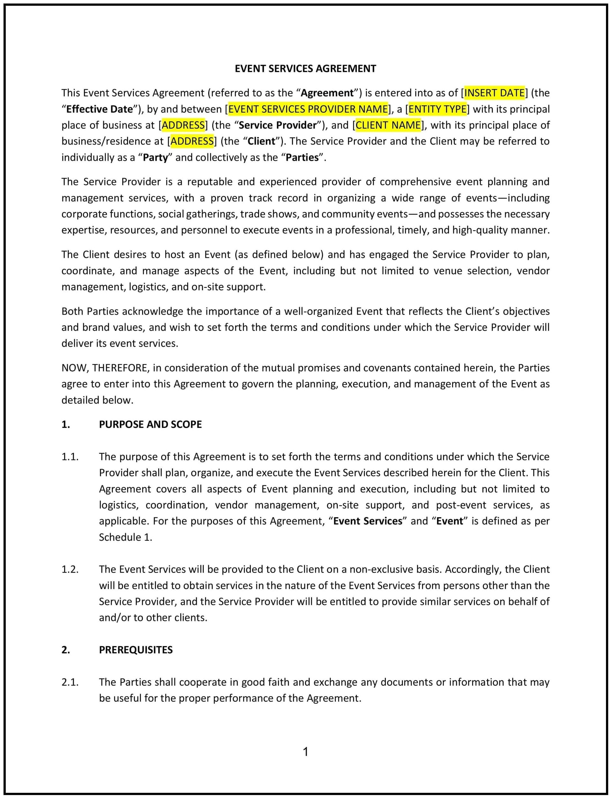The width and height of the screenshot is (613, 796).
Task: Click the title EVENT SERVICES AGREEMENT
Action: [305, 69]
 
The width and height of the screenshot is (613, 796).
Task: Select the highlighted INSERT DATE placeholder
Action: [494, 93]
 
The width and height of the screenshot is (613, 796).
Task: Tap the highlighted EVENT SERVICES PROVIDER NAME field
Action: [308, 109]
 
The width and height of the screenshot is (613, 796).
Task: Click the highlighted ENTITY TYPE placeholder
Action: [437, 109]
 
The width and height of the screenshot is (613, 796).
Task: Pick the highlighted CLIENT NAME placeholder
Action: [388, 125]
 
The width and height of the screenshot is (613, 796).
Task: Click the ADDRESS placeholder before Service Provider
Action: [183, 125]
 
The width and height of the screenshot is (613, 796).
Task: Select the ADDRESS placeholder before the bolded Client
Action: [192, 141]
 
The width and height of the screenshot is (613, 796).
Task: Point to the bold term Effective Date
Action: [99, 109]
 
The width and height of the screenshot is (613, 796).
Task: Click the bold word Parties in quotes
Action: [302, 158]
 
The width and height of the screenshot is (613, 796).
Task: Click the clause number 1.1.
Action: [70, 457]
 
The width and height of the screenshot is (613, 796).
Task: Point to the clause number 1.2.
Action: [70, 569]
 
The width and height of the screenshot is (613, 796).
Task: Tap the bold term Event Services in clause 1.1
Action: [367, 521]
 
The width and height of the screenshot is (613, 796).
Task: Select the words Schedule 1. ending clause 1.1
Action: [125, 537]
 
